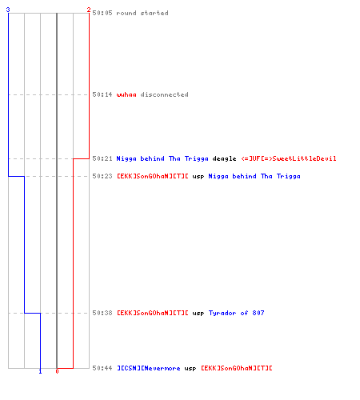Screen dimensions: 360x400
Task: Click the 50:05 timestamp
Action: coord(102,13)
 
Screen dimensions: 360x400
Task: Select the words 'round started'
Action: coord(142,13)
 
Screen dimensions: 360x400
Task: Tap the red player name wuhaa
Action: coord(126,94)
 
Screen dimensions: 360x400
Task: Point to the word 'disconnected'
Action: coord(164,94)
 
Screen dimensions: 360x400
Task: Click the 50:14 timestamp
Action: coord(102,94)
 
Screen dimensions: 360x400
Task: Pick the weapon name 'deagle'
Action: coord(224,158)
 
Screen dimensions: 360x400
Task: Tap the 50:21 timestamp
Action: coord(102,158)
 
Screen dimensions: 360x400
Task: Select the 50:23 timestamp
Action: coord(102,176)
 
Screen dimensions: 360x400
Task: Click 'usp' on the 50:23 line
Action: coord(198,177)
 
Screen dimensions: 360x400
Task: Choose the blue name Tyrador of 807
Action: coord(236,313)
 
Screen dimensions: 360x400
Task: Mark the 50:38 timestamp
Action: coord(102,313)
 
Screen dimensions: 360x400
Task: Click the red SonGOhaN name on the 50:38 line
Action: coord(153,313)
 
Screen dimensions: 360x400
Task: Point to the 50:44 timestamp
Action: coord(102,368)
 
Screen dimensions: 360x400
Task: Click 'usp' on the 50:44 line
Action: coord(190,369)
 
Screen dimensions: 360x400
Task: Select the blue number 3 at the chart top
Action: coord(8,10)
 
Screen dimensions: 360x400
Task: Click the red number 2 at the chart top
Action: coord(89,10)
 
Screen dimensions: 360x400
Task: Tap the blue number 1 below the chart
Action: coord(40,371)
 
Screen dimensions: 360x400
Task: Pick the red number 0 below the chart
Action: coord(57,371)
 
